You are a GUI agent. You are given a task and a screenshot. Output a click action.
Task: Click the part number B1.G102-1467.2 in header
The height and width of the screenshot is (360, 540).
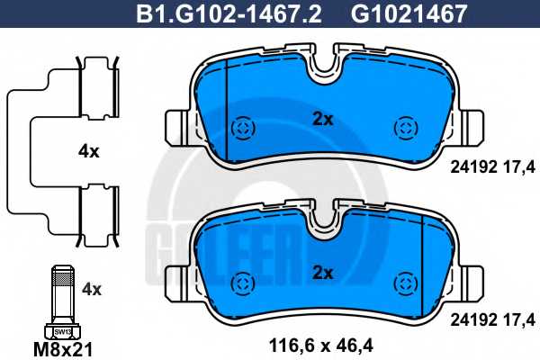tap(229, 13)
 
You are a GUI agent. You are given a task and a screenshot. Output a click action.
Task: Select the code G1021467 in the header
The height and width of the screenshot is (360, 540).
tap(409, 13)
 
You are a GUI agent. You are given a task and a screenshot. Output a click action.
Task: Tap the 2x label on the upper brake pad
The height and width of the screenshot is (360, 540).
tap(323, 119)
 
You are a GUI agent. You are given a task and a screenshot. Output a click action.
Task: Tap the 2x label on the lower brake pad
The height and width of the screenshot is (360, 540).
tap(323, 273)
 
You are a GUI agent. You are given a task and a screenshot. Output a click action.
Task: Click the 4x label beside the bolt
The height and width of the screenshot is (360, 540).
tap(92, 290)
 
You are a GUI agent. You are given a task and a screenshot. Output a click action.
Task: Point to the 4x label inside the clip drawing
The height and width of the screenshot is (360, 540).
tap(89, 151)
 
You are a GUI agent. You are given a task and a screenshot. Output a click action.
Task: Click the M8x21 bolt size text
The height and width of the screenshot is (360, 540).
tap(63, 350)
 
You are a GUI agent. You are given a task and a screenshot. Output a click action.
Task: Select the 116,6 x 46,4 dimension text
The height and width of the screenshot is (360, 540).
tap(321, 346)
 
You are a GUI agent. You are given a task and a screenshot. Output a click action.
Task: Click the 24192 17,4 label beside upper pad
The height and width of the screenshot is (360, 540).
tap(493, 167)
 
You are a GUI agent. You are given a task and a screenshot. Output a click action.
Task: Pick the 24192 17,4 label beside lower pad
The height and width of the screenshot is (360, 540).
tap(493, 320)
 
